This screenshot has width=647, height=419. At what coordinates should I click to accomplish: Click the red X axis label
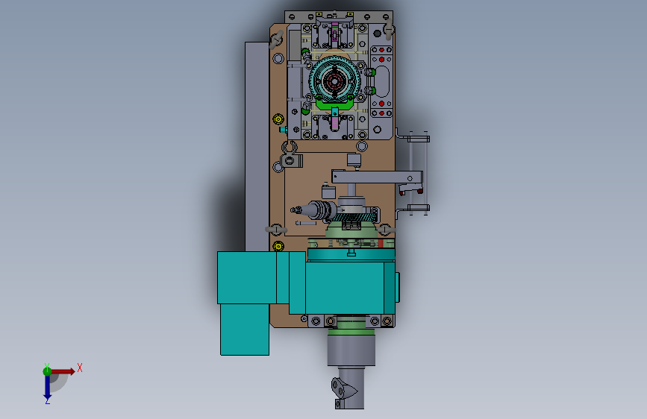80,368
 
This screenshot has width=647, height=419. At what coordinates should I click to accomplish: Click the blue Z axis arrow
48,388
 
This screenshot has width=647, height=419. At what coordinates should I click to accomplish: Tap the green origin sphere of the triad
47,371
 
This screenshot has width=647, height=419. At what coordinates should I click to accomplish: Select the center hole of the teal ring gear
334,82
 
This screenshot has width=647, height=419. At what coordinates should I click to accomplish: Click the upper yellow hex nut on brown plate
278,119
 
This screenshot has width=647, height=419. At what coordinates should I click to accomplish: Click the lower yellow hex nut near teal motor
278,246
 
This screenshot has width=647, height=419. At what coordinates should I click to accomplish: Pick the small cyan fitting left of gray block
283,130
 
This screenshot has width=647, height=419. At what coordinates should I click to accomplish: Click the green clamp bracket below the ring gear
334,104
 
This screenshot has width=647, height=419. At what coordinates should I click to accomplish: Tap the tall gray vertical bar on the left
257,146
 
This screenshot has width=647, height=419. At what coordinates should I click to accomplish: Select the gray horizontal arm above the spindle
377,177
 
